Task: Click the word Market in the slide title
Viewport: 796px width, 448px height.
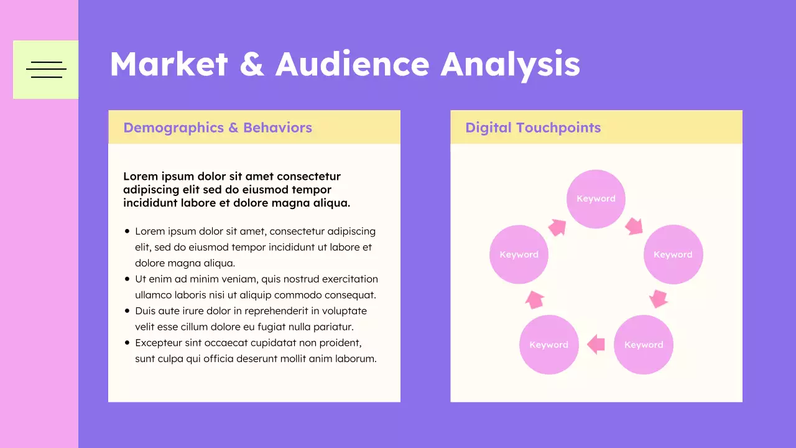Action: tap(169, 64)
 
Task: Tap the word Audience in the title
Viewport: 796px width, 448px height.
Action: tap(352, 64)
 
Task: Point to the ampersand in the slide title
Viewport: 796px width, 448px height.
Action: tap(251, 64)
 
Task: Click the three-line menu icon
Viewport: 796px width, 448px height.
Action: tap(46, 70)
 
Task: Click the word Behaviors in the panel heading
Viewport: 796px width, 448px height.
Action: tap(277, 128)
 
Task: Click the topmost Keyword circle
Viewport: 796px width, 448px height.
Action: tap(596, 199)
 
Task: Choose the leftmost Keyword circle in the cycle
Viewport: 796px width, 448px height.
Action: tap(519, 254)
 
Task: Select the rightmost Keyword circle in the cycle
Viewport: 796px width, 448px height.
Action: tap(673, 254)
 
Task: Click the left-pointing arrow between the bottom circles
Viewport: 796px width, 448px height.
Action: tap(596, 343)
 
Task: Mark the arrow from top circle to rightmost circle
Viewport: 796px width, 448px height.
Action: tap(634, 226)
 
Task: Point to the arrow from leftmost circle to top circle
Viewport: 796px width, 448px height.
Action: tap(557, 228)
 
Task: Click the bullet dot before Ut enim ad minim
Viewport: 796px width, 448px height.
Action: tap(127, 279)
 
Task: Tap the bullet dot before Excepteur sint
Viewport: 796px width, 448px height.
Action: tap(127, 343)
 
